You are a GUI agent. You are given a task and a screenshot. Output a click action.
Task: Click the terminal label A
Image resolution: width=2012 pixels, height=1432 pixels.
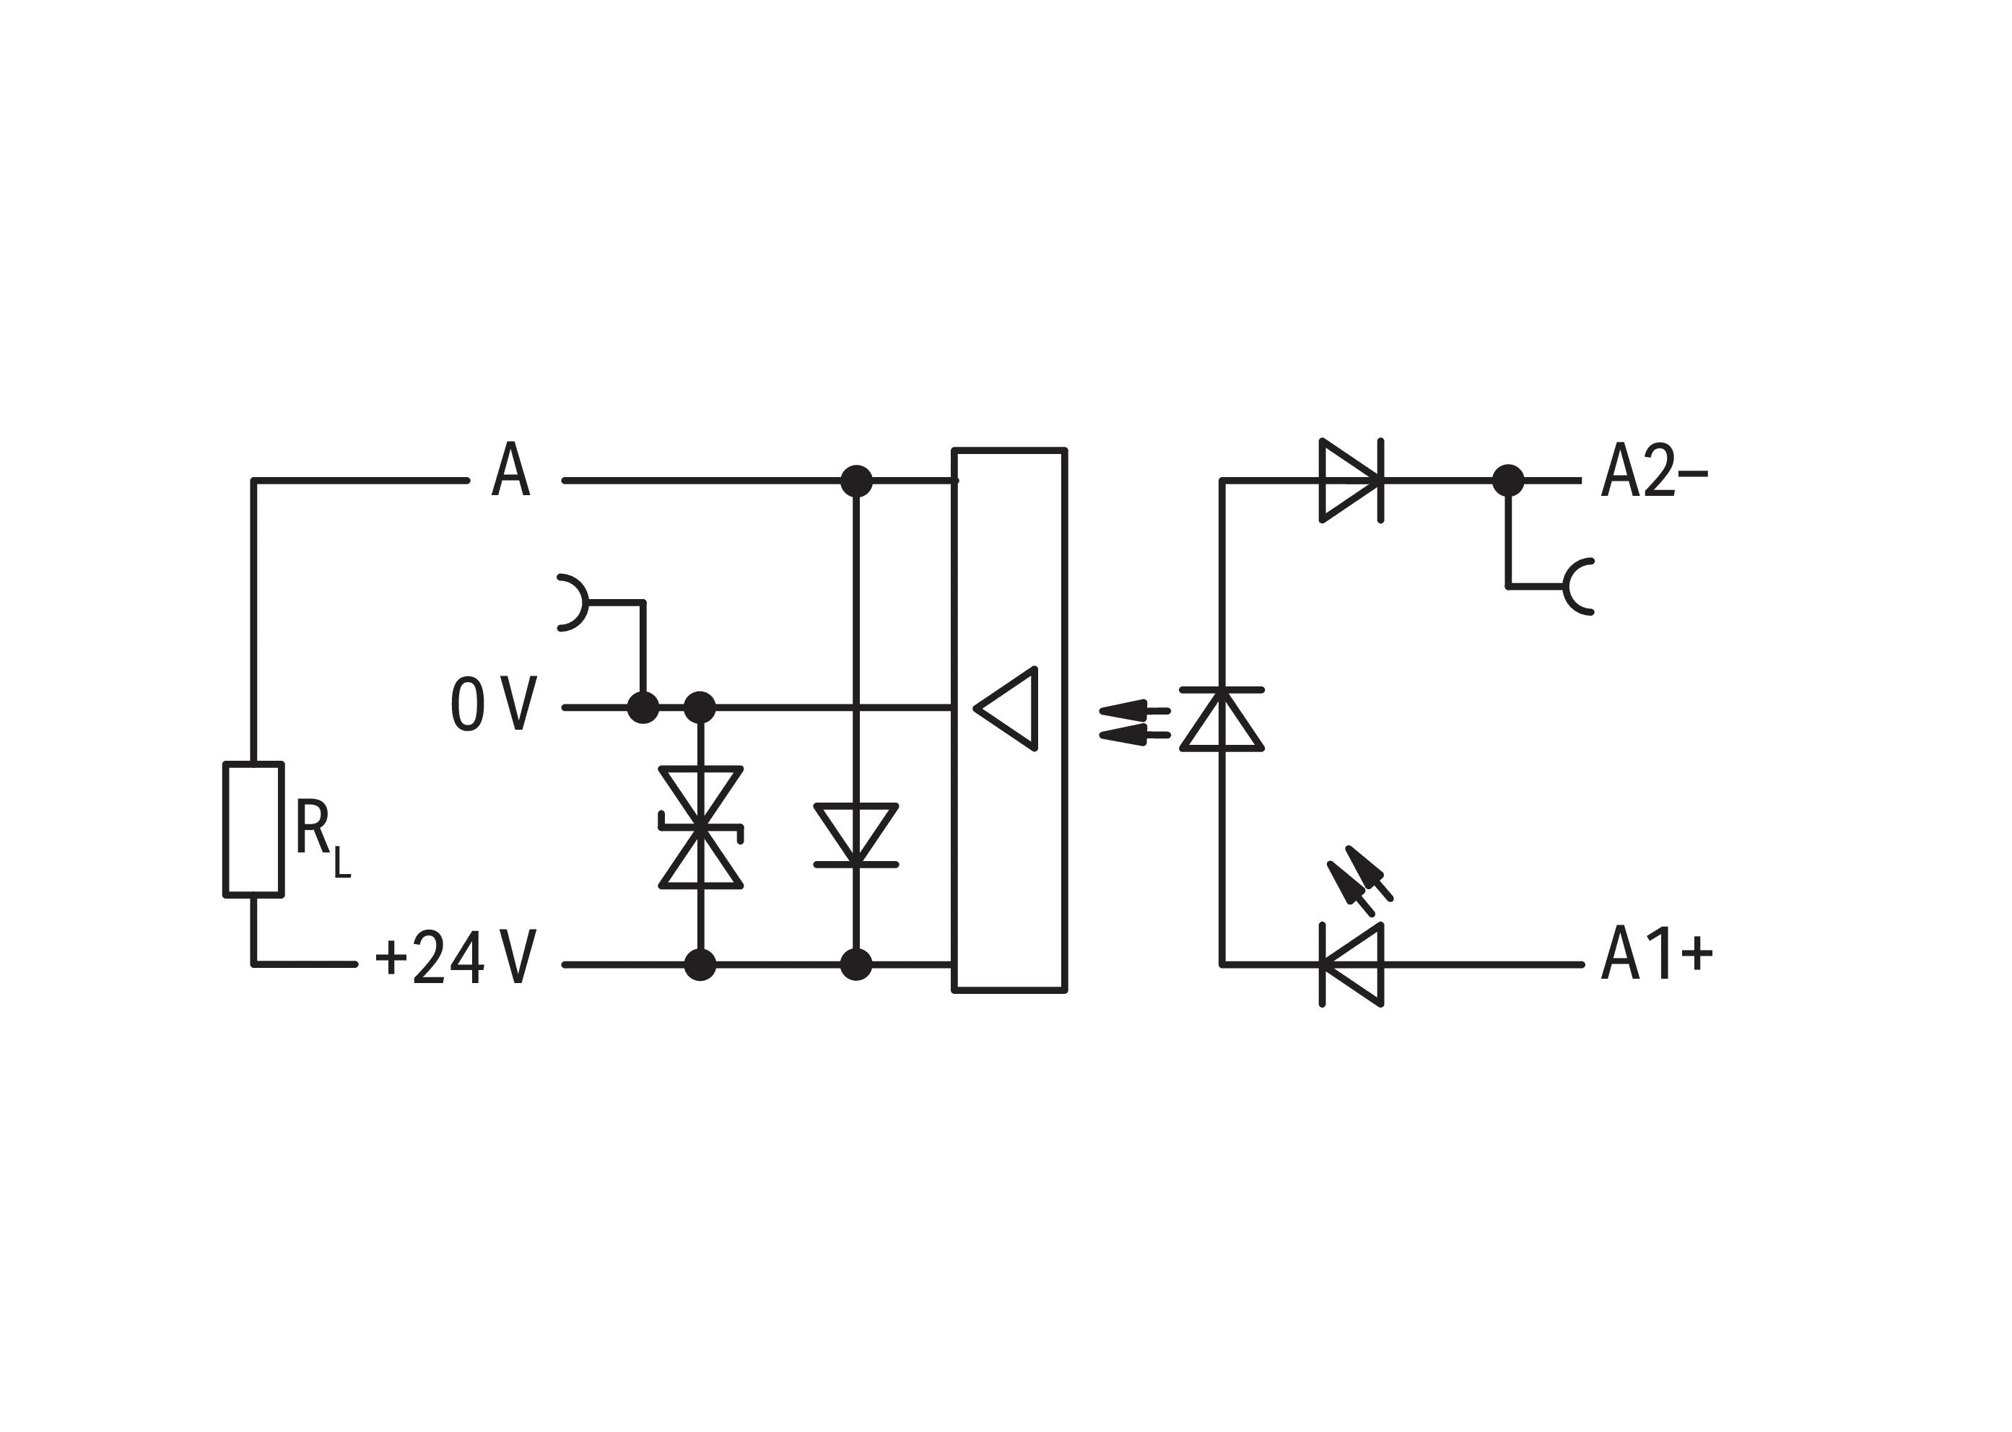(510, 469)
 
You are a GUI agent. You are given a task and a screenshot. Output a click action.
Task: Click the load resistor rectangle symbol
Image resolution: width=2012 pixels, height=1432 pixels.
(253, 829)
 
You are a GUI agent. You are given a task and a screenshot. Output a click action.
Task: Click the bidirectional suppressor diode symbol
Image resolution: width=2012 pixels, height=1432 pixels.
(700, 826)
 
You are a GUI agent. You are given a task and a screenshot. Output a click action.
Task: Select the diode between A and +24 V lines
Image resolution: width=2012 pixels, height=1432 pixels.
(855, 834)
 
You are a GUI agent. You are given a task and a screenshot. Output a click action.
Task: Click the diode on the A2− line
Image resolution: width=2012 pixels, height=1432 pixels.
(1351, 481)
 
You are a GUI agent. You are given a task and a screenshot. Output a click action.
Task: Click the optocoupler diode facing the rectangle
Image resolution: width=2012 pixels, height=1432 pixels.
(1221, 719)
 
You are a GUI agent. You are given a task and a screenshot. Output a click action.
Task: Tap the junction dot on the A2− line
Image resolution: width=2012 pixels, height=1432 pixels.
(1507, 481)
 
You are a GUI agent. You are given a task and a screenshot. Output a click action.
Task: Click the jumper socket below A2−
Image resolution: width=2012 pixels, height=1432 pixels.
(1578, 586)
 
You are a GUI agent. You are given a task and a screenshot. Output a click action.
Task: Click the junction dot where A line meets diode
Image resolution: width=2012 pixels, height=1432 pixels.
(855, 481)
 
